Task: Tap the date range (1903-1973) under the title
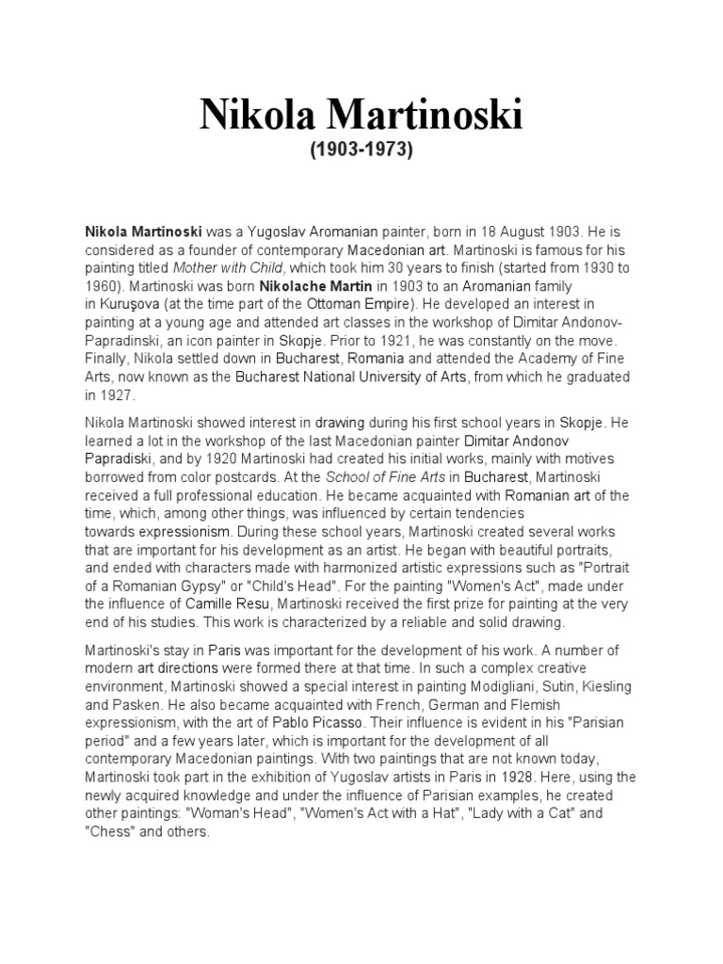[361, 151]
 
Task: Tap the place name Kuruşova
[134, 303]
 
